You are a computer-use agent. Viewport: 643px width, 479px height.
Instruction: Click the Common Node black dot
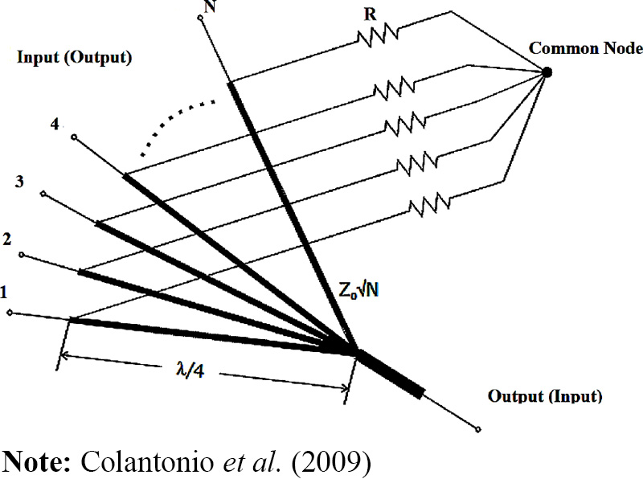point(547,72)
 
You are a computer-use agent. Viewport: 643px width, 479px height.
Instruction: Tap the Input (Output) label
point(73,58)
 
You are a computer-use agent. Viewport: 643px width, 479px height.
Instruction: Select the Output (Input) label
point(545,396)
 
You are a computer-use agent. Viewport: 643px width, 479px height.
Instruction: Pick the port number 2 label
point(9,238)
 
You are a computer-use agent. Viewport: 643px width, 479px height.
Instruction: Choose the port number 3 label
point(20,182)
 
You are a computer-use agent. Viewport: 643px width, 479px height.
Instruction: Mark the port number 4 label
point(55,125)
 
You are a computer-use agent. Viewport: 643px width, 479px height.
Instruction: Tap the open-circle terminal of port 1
point(9,313)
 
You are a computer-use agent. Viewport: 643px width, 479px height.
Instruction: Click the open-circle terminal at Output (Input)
point(479,430)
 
